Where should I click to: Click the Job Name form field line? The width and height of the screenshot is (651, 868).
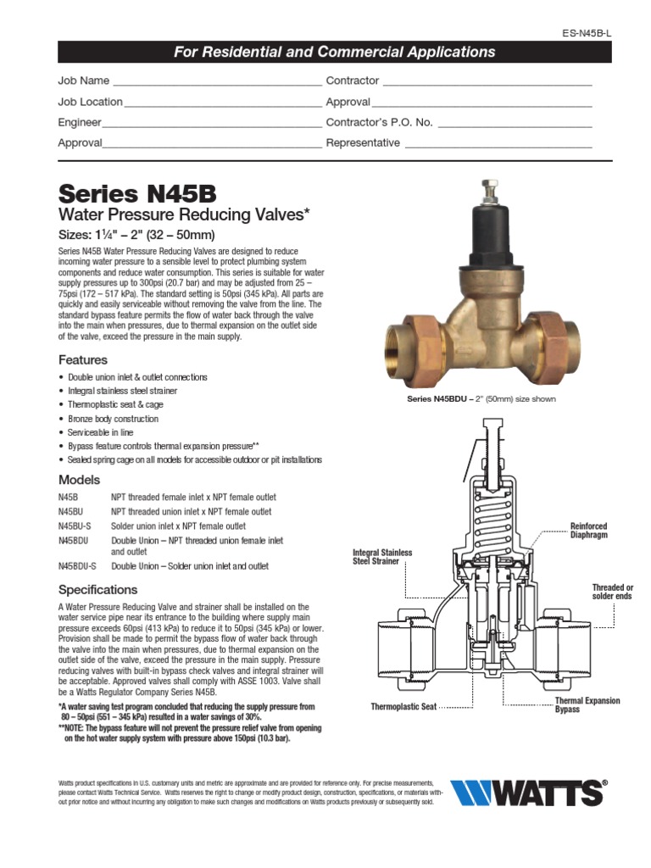216,82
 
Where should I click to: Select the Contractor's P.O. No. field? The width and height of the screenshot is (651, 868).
514,123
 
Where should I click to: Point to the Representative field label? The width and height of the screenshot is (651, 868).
363,143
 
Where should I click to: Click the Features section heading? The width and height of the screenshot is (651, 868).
82,359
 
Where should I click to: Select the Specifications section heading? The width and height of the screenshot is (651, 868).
97,589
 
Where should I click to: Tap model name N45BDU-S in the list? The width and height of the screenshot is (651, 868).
77,566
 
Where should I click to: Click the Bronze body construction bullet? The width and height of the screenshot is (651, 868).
112,419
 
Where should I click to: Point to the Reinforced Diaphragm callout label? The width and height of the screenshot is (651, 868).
588,531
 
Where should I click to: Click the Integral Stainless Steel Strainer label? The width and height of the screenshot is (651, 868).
382,557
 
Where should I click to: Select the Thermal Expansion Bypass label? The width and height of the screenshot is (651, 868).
587,705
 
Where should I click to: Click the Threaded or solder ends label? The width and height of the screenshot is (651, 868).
612,592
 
